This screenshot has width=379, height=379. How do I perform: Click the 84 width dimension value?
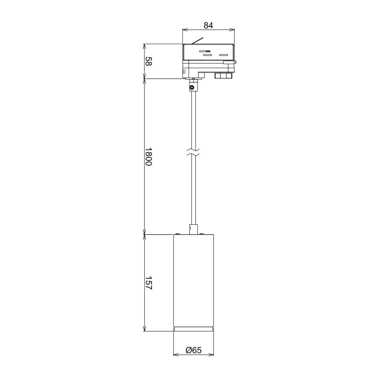click(208, 26)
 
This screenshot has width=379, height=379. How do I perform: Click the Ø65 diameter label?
click(194, 350)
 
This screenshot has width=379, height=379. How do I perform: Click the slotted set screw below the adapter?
click(192, 88)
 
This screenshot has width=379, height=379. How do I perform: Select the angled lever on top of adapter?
click(198, 41)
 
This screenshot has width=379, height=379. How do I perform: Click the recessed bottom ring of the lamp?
click(194, 329)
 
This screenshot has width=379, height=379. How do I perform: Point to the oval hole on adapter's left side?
click(184, 72)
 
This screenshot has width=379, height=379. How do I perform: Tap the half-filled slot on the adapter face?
click(205, 51)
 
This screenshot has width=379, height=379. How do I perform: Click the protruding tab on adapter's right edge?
click(229, 62)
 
